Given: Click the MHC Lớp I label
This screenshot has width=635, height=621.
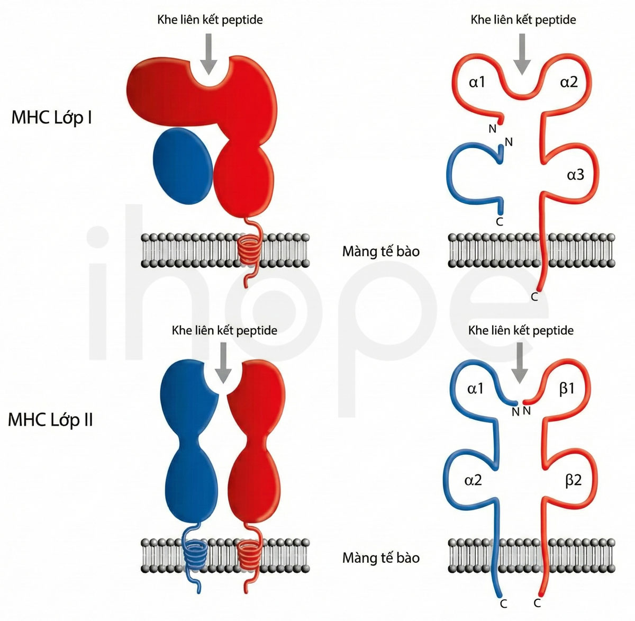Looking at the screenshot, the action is click(x=51, y=118).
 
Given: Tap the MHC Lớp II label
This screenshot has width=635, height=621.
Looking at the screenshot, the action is click(x=50, y=420).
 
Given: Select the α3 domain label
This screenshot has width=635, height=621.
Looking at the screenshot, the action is click(x=575, y=175).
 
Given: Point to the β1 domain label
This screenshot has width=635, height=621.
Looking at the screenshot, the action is click(x=567, y=389).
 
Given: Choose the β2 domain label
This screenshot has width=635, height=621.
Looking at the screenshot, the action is click(x=573, y=481).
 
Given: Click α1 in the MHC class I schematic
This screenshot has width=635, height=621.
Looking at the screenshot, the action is click(x=477, y=82).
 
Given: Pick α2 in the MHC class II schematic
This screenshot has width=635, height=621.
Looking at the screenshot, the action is click(x=473, y=481).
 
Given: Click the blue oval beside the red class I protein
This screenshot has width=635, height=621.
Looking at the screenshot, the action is click(x=183, y=166).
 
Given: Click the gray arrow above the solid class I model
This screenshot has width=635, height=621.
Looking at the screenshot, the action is click(x=209, y=54).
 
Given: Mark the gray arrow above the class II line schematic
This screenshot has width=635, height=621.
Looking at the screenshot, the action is click(x=520, y=363).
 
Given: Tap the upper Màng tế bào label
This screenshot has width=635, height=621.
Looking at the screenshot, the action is click(x=381, y=251).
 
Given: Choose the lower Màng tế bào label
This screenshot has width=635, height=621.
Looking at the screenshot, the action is click(x=381, y=558).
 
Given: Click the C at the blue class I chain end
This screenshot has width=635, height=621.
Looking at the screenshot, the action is click(x=499, y=222).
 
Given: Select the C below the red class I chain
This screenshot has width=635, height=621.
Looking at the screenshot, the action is click(x=534, y=297).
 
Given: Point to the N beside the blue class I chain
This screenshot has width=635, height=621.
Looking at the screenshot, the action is click(x=509, y=142).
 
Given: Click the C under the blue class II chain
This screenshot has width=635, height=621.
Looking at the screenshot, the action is click(x=503, y=605).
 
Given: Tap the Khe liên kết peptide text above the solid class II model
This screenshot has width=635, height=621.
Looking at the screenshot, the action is click(x=224, y=331).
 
